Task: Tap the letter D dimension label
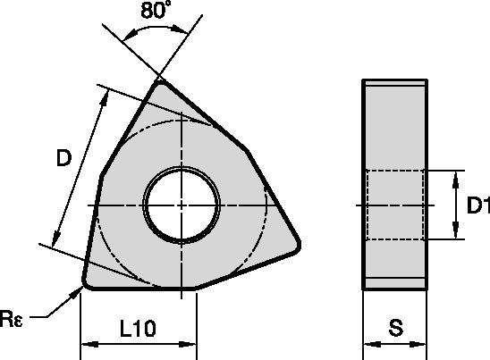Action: pos(63,159)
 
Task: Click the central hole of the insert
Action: pos(182,205)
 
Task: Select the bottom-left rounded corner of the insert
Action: pos(86,282)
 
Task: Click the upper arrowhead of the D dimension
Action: pos(98,94)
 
